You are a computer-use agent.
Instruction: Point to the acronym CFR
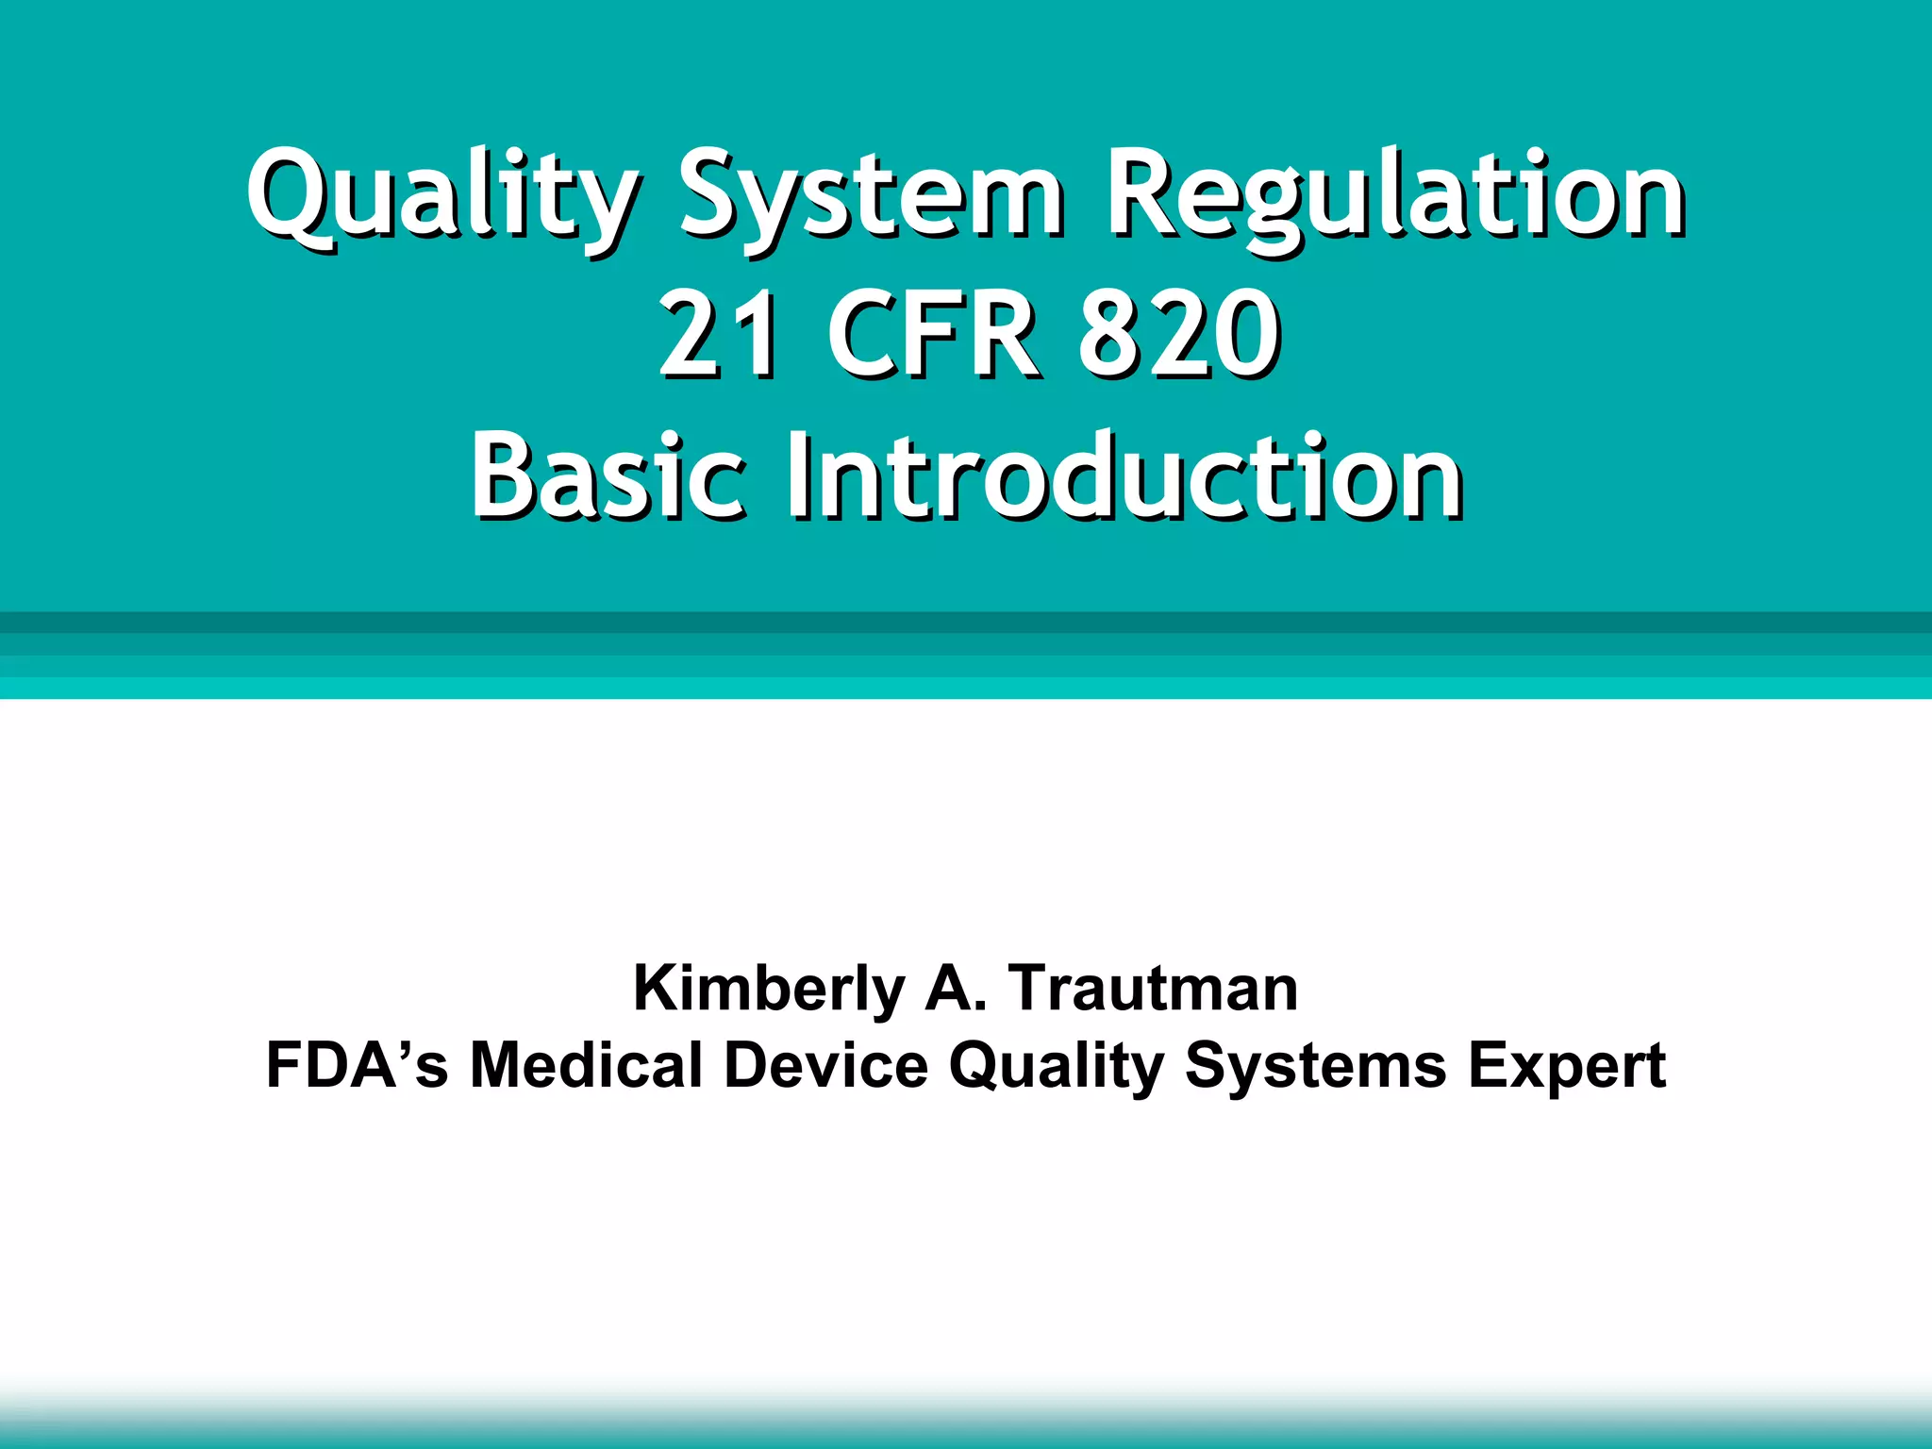point(934,335)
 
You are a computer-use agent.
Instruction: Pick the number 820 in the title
point(1179,335)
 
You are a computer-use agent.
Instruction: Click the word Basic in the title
point(608,476)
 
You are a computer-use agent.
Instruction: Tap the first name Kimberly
point(769,989)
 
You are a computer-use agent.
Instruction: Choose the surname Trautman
point(1153,989)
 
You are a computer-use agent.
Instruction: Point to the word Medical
point(586,1066)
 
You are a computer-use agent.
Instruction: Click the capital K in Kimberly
point(654,989)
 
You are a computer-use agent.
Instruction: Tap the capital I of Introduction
point(800,476)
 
